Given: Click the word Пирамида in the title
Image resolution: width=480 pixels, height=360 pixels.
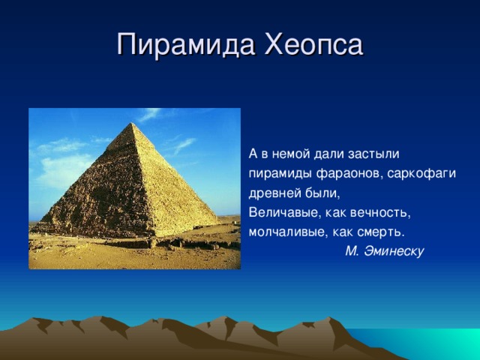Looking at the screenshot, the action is pos(186,45).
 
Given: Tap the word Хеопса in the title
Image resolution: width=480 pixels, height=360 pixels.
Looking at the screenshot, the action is pos(314,44).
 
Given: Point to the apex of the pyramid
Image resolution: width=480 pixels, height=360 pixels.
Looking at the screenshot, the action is pos(132,123).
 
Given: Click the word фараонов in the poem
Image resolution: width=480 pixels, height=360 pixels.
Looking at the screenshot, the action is pos(349,174).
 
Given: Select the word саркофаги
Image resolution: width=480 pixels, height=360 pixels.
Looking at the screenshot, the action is pos(421,174).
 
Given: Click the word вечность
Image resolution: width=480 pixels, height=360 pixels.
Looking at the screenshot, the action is pos(380,213).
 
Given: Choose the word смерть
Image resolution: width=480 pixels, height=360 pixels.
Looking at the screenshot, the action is pos(379,232).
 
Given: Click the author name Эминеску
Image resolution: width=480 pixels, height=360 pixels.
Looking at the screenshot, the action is pos(394,251).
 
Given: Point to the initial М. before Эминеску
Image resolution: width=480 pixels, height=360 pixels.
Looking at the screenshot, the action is pos(352,251).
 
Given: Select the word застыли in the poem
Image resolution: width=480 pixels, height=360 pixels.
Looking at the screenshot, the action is pos(373,154).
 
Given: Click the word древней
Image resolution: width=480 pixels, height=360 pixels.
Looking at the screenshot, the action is pos(274,193).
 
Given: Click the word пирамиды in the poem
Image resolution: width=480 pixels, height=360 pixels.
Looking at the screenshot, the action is pos(280,174).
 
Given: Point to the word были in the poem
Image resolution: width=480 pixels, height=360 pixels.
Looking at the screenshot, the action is pos(322,193).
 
